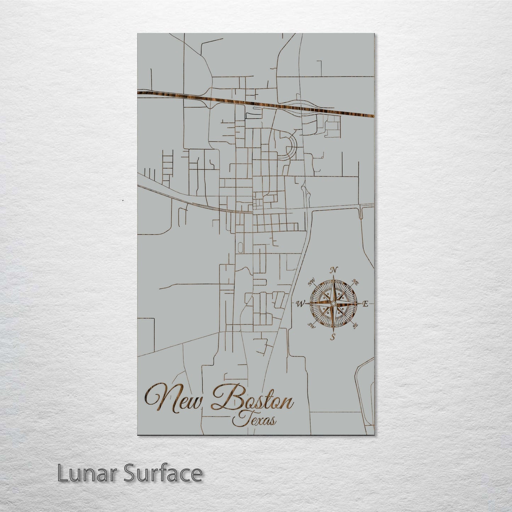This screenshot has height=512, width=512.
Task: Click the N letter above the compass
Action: coord(333,270)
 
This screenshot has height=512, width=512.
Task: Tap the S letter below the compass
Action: coord(333,337)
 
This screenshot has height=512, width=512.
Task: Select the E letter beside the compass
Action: coord(366,304)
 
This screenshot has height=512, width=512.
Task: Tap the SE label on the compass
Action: coord(355,325)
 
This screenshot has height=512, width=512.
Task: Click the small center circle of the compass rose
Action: coord(333,304)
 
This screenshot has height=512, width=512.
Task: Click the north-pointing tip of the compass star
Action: coord(333,278)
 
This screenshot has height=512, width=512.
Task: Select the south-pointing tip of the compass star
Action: coord(333,330)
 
